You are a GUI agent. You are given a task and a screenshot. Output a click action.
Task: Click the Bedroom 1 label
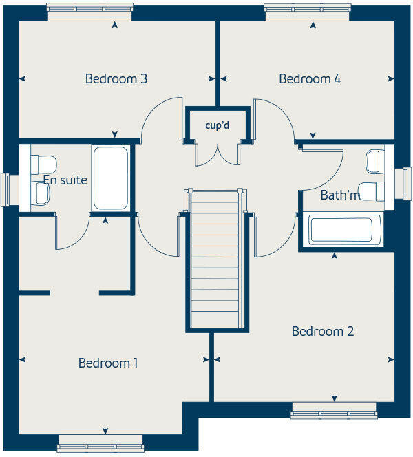click(x=108, y=363)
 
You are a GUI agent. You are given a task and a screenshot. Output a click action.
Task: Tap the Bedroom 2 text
click(x=323, y=331)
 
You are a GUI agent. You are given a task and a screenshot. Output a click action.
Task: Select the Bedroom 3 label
click(x=116, y=78)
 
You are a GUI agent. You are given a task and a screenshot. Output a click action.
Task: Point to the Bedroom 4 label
click(x=310, y=78)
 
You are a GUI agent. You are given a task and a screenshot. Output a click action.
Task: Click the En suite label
click(x=65, y=180)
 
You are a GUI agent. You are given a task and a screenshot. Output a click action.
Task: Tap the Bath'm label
click(x=340, y=195)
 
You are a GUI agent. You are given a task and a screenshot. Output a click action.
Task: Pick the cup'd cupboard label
click(x=217, y=126)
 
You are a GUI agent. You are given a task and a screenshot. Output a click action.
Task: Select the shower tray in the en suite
click(x=110, y=178)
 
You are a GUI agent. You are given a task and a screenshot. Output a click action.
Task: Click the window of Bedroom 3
click(x=90, y=8)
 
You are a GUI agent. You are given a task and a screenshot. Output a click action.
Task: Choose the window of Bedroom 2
click(x=334, y=414)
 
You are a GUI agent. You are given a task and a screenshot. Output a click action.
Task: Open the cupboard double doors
click(x=217, y=153)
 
